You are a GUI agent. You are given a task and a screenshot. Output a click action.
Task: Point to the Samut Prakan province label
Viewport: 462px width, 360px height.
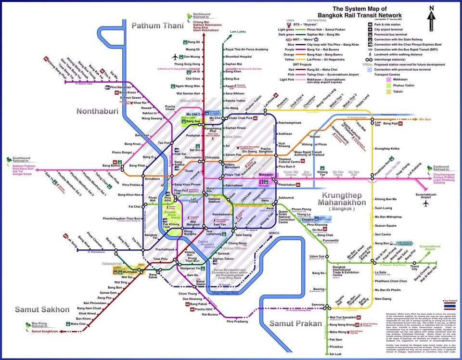(x=295, y=323)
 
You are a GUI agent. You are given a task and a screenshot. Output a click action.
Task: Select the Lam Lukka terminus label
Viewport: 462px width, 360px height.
(x=239, y=31)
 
